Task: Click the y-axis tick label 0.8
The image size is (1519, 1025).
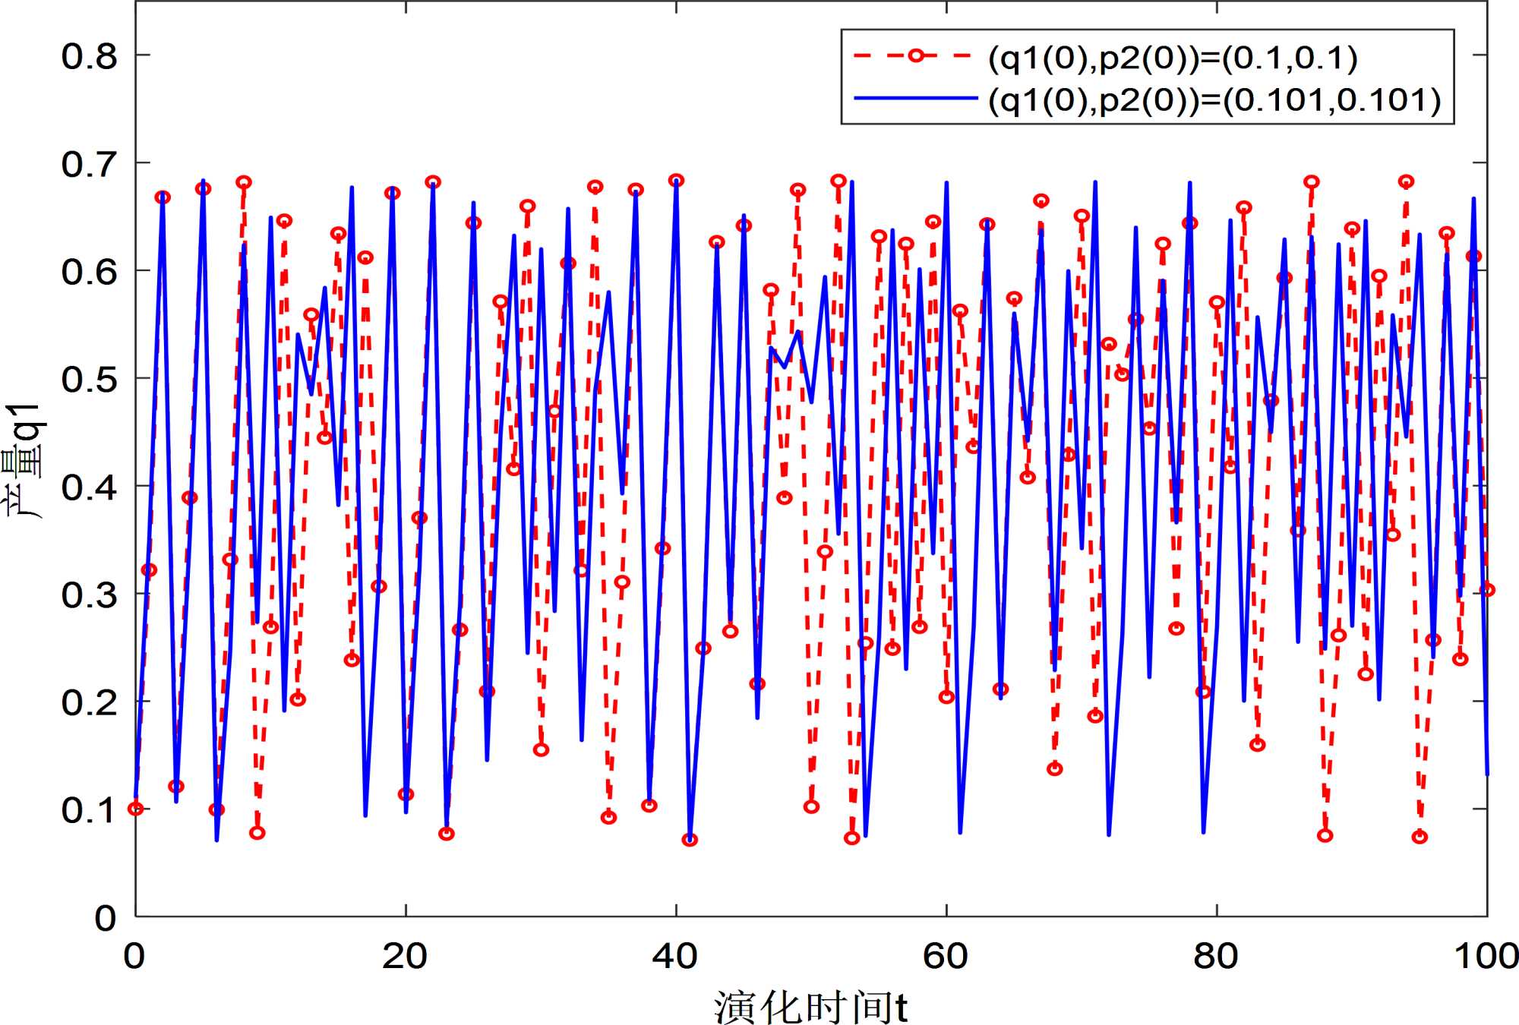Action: [90, 57]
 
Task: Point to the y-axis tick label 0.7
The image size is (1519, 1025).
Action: [90, 165]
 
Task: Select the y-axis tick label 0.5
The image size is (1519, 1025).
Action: [90, 380]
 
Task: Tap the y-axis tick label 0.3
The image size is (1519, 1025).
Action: [90, 595]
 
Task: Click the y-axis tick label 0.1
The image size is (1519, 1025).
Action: [90, 810]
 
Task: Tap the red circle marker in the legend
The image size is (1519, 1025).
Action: [917, 55]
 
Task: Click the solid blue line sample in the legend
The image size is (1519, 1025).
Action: [915, 98]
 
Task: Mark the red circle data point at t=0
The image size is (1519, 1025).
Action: [136, 809]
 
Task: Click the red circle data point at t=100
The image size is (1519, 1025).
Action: [1487, 590]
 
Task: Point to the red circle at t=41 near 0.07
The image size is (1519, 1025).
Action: [690, 840]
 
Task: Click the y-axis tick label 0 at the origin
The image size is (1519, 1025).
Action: [105, 918]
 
